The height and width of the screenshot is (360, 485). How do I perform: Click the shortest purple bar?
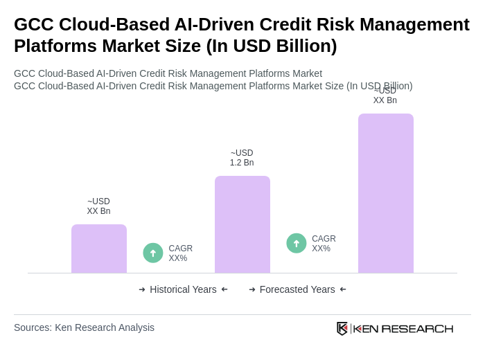(99, 249)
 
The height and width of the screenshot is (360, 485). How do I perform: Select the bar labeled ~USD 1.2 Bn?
(242, 224)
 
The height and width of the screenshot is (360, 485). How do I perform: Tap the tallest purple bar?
(386, 193)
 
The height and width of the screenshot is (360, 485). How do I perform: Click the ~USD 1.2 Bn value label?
(242, 158)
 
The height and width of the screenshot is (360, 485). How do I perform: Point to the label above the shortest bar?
(98, 206)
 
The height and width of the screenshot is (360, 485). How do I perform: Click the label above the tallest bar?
(385, 96)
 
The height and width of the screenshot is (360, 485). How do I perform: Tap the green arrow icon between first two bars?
(153, 253)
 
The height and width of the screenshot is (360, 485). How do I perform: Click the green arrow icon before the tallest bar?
(297, 243)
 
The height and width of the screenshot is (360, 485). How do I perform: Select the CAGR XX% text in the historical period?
(181, 253)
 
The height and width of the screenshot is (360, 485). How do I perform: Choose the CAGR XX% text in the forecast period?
(324, 244)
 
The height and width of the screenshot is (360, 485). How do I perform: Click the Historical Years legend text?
(183, 289)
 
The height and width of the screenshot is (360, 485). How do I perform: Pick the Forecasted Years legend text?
(297, 289)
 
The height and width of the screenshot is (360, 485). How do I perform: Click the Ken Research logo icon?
(342, 328)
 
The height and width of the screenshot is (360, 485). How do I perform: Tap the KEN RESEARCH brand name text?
(403, 329)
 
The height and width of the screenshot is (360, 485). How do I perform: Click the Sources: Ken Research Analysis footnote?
(84, 327)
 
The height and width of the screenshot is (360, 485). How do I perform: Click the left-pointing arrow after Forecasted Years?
(343, 289)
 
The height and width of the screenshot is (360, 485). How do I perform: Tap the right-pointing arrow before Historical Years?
(142, 289)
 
